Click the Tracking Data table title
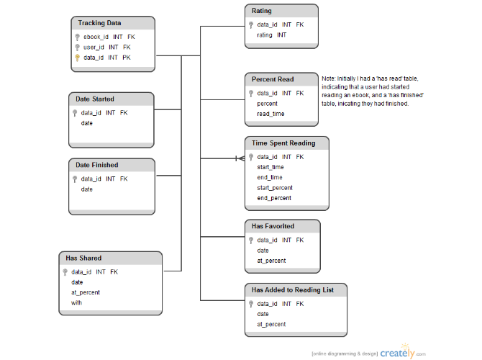click(99, 23)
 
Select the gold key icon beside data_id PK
click(77, 58)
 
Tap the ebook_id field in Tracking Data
click(96, 37)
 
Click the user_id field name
click(94, 48)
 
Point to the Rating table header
click(262, 11)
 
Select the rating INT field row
click(272, 35)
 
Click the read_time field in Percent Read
click(270, 114)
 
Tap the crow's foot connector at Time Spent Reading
click(240, 158)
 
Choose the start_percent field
click(275, 188)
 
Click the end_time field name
click(270, 178)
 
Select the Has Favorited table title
click(273, 226)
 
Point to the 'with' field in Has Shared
click(76, 303)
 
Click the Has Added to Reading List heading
click(293, 290)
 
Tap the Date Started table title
click(95, 99)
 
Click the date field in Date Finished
click(86, 189)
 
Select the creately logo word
click(397, 354)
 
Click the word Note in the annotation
click(329, 78)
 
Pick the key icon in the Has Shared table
click(65, 272)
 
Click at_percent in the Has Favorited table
click(271, 261)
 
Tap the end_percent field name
click(274, 198)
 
